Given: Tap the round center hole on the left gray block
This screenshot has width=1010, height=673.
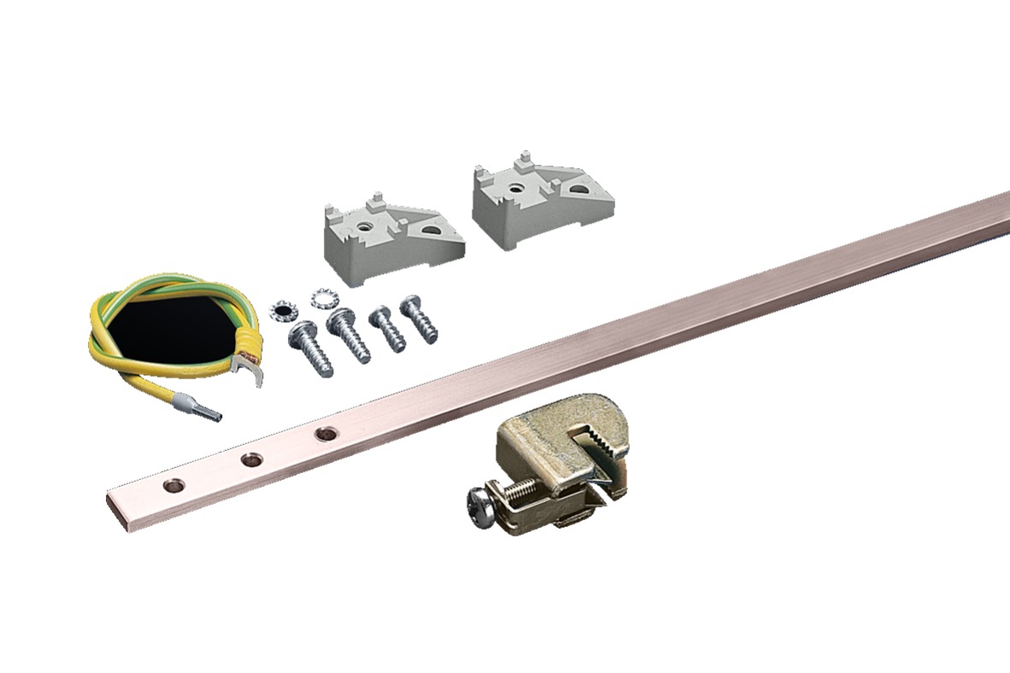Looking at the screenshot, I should point(366,225).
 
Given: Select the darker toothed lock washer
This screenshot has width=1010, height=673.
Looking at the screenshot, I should point(281,308).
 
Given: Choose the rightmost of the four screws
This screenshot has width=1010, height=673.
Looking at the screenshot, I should point(419,317).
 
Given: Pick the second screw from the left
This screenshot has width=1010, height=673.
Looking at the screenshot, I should point(349,335).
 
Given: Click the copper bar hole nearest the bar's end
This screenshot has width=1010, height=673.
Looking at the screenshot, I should point(174,484).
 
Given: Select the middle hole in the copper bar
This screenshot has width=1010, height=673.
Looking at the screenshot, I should point(250,460).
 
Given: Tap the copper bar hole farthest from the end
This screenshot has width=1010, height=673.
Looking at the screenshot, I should point(325,435).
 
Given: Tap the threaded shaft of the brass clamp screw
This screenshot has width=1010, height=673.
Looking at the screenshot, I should point(514,490).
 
